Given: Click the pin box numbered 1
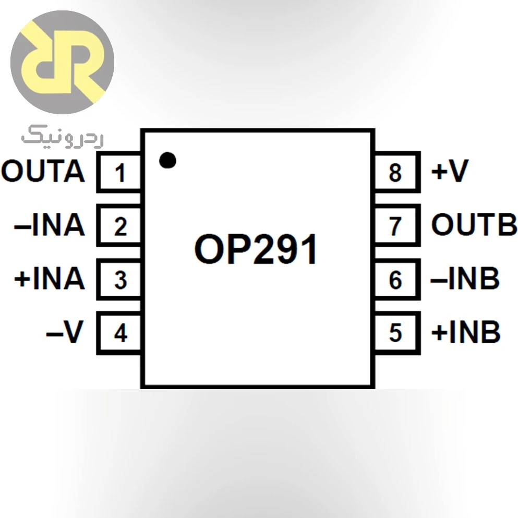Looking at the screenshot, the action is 119,172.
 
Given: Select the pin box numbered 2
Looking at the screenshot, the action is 119,225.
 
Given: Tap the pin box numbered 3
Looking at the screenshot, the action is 119,279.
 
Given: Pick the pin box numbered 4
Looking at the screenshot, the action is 119,333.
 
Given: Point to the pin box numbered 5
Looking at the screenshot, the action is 397,333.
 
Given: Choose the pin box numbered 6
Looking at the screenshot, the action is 397,279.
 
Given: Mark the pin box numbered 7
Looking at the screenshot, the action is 397,225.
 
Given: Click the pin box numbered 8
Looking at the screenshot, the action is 397,172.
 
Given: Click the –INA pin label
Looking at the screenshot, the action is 50,225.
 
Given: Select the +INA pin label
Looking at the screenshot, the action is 50,279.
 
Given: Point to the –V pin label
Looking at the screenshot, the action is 65,332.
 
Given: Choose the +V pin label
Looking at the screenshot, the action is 450,171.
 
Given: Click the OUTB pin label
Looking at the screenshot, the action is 474,224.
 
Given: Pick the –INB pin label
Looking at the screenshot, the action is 465,278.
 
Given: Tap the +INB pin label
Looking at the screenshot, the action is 466,332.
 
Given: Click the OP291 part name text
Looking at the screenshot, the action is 256,249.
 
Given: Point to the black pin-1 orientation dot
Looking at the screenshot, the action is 167,160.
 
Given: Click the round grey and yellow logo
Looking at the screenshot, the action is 63,63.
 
